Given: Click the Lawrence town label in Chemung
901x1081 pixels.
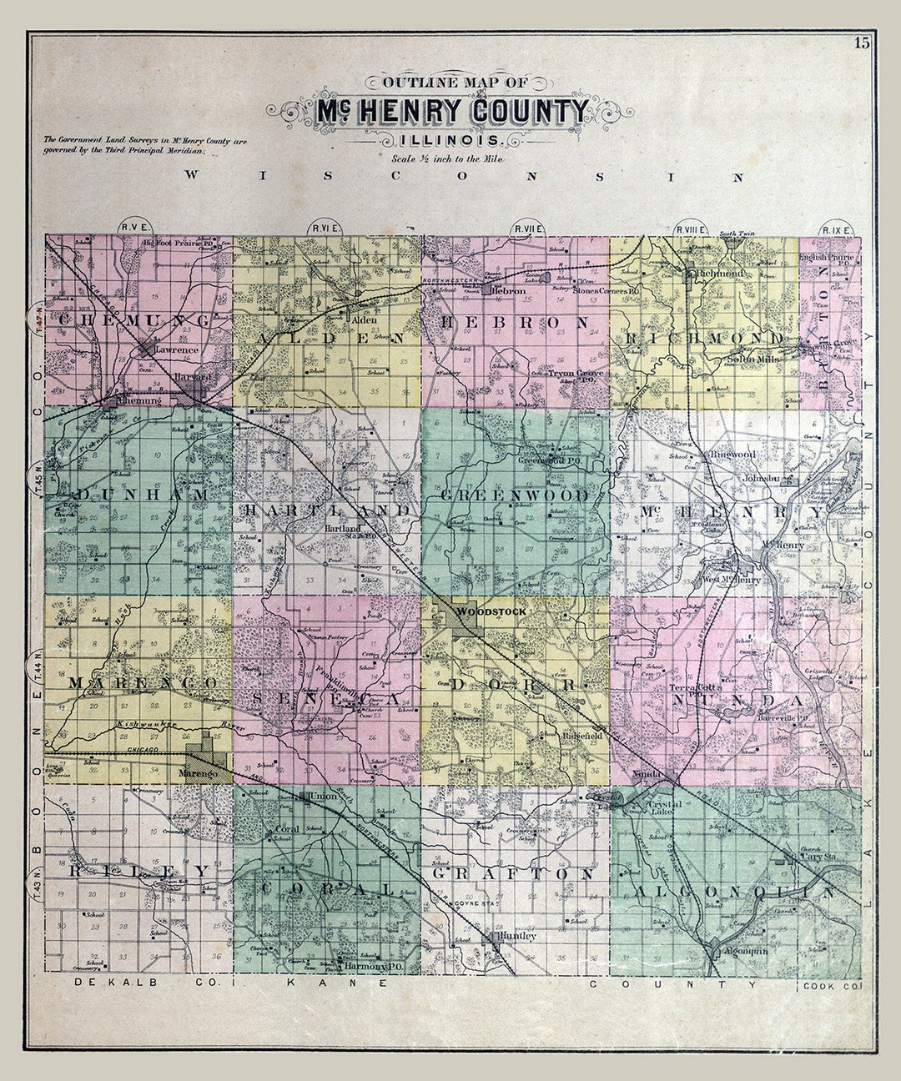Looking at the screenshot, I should click(x=176, y=350).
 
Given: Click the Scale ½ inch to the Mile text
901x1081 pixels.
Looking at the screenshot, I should click(x=450, y=158).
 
